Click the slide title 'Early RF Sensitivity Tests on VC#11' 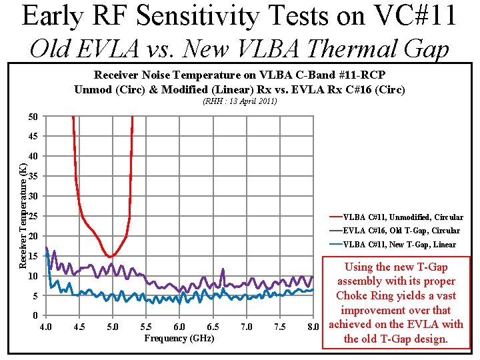pos(239,16)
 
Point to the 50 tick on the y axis pos(33,117)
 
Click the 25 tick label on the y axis pos(33,217)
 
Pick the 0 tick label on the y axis pos(35,315)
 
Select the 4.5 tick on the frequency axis pos(79,327)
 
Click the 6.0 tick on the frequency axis pos(179,327)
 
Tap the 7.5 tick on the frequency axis pos(279,327)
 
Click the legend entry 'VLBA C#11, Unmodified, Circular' pos(403,217)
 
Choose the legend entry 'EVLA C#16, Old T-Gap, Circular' pos(401,230)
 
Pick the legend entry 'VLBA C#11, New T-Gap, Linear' pos(399,244)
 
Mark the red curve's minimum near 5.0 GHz pos(111,256)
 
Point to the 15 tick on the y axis pos(33,256)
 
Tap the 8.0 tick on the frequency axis pos(313,327)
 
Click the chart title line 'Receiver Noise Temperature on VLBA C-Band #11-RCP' pos(239,75)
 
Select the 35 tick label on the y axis pos(33,177)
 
